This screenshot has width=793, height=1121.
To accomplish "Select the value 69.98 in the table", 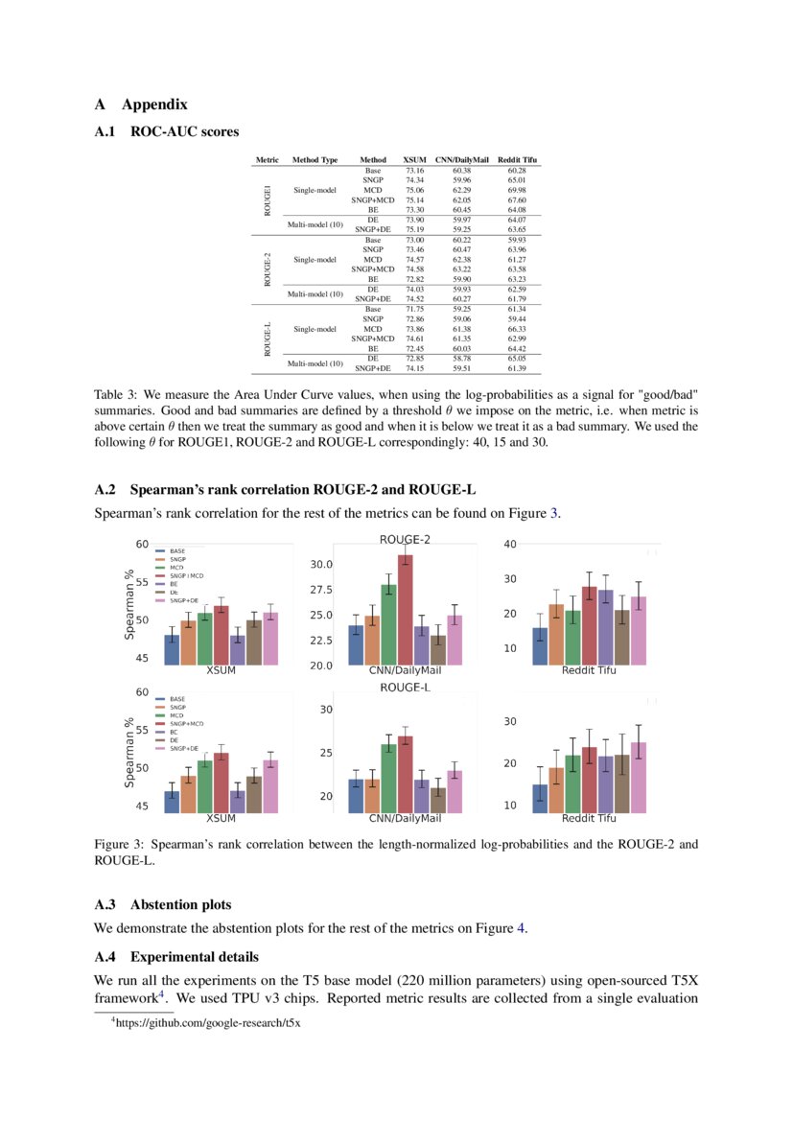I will pos(517,190).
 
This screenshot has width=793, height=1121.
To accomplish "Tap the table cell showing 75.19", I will pos(415,229).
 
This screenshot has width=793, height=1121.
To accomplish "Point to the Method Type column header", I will pos(315,159).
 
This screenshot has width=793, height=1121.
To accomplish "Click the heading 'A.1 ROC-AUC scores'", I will pos(167,131).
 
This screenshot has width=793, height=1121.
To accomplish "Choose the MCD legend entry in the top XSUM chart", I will pos(176,567).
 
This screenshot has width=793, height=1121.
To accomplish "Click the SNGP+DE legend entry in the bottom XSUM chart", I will pos(183,748).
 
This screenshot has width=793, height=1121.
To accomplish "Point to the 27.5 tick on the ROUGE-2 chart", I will pos(319,590).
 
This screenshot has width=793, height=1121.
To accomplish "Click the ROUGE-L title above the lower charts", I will pos(405,688).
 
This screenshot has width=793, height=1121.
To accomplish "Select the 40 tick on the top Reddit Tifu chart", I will pos(510,544).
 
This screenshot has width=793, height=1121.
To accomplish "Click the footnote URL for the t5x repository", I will pos(207,1022).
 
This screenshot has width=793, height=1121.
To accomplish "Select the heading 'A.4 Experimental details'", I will pos(175,957).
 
